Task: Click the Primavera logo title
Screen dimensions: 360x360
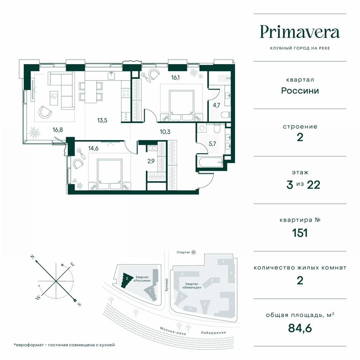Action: [300, 32]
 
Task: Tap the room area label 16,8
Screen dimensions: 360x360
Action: [57, 130]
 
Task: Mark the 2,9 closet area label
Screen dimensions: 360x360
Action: [151, 160]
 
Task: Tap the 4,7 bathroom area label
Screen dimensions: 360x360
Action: [217, 105]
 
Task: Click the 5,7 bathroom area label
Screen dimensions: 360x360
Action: [212, 144]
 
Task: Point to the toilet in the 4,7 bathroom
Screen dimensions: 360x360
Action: [225, 115]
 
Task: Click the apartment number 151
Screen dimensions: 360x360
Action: [300, 232]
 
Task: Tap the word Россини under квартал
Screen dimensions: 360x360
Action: [300, 90]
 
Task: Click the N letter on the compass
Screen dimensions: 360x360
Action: [32, 257]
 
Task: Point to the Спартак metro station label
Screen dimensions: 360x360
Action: [183, 252]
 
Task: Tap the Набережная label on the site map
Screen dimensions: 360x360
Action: [212, 332]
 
